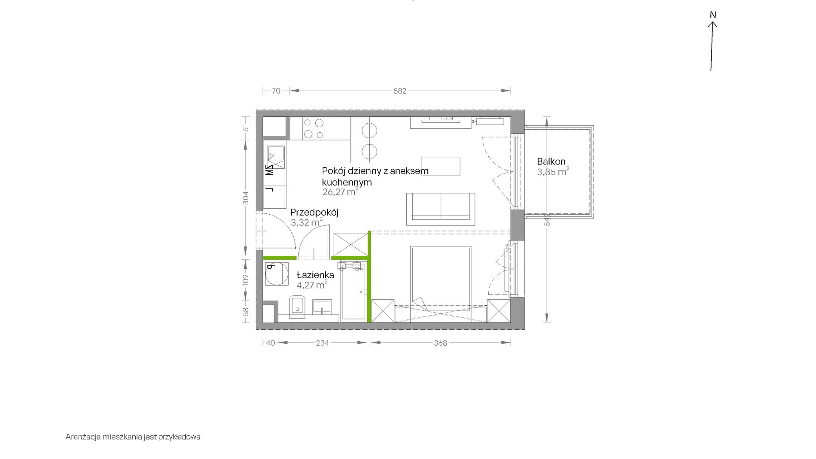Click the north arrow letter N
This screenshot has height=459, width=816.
point(713,15)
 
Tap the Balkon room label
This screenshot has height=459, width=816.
point(551,161)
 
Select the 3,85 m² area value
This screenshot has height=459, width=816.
point(553,172)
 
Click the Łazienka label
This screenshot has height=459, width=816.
point(315,275)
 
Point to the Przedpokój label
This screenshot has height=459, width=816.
point(314,213)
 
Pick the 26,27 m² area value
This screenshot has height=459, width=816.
point(340,192)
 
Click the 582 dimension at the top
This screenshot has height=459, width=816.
point(400,91)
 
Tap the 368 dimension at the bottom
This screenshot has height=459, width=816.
point(441,343)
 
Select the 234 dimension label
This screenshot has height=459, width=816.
point(323,343)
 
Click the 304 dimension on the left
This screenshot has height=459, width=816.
point(246,198)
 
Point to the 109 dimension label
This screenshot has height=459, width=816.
point(246,280)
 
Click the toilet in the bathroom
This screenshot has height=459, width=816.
point(297,307)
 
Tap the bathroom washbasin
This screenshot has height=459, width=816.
point(322,307)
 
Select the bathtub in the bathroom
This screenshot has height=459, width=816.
point(353,292)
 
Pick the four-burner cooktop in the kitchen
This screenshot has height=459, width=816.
point(314,128)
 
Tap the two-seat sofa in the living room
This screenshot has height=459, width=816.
point(441,209)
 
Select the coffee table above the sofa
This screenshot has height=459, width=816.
point(441,166)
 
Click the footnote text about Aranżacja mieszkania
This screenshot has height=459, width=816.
point(133,437)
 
